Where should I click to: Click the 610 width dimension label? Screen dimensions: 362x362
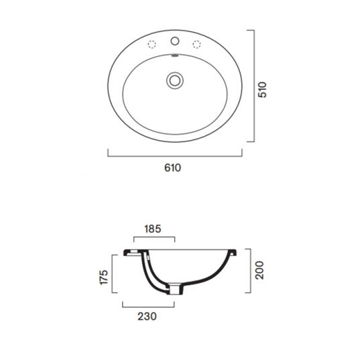172,168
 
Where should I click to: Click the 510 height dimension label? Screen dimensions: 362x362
262,90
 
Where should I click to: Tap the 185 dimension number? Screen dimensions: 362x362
153,229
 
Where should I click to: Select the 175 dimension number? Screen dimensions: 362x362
104,277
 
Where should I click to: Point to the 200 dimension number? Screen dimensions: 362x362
259,270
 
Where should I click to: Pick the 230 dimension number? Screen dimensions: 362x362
147,316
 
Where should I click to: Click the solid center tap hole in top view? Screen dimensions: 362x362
175,41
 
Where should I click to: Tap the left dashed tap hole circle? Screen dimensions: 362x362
152,44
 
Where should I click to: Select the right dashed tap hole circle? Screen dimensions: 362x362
196,44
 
